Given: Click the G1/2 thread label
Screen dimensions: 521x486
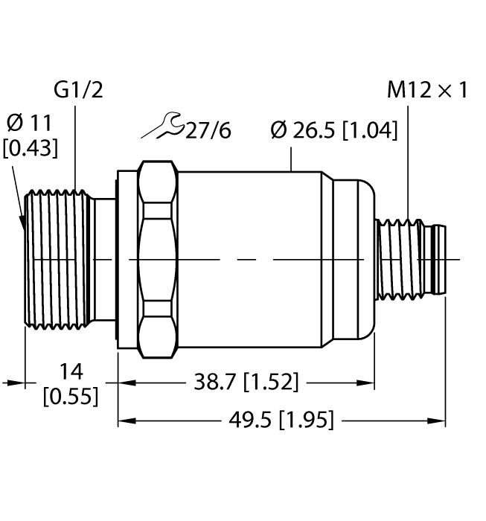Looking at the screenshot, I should click(x=78, y=91).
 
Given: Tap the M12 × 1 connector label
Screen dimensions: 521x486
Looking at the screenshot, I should click(x=427, y=91).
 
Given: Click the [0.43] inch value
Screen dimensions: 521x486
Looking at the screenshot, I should click(x=29, y=149).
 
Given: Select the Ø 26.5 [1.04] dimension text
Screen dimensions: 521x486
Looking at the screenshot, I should click(x=333, y=131).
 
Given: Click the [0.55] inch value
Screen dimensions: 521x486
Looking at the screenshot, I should click(x=71, y=397).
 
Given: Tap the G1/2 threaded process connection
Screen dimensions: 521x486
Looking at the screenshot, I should click(x=56, y=259).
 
